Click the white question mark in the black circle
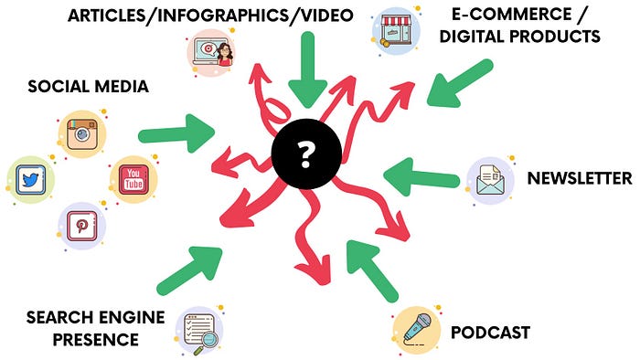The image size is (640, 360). [x=306, y=154]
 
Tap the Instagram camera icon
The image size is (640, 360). [x=82, y=134]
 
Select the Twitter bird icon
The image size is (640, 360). [x=30, y=179]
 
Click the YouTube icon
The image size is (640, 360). [x=133, y=179]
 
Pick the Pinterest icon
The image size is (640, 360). [x=82, y=226]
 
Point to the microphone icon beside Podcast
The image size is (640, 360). [x=417, y=330]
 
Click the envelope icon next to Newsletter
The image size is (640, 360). [x=490, y=180]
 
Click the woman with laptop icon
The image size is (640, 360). [x=211, y=52]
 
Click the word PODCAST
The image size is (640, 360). [x=490, y=333]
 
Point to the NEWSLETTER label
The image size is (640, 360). [x=580, y=178]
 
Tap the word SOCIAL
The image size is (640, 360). [x=59, y=87]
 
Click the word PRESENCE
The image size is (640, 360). [x=96, y=340]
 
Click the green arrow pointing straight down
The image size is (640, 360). [x=308, y=70]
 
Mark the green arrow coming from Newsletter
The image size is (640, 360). [x=421, y=176]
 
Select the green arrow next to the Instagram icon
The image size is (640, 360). [x=176, y=133]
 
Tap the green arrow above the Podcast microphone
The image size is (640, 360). [x=372, y=271]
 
